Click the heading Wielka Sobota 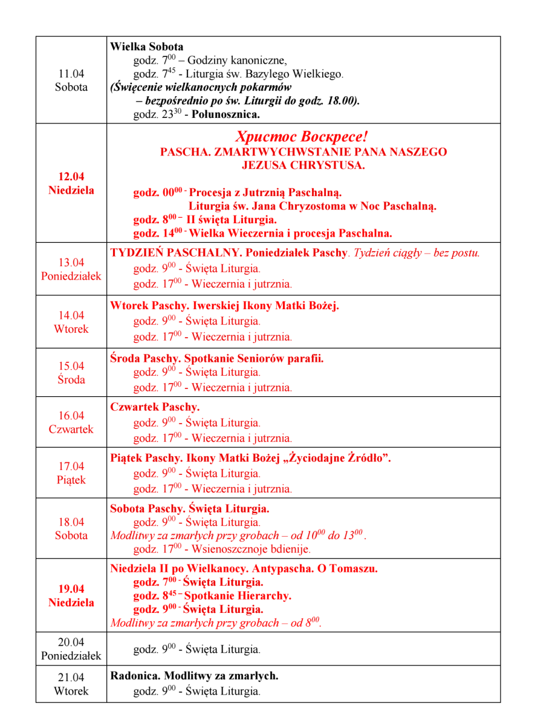[x=147, y=47]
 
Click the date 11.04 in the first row [x=71, y=74]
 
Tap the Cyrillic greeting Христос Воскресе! [x=302, y=137]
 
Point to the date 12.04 [x=71, y=177]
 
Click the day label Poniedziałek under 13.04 [x=71, y=276]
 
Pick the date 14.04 [x=71, y=315]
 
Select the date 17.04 [x=71, y=466]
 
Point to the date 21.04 [x=71, y=677]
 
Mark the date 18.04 [x=71, y=522]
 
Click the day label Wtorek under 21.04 [x=71, y=691]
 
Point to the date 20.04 [x=71, y=642]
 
